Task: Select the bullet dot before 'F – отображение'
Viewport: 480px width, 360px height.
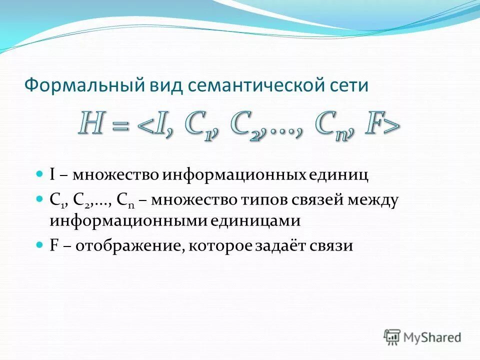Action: tap(40, 245)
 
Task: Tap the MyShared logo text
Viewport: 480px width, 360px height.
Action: tap(432, 337)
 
